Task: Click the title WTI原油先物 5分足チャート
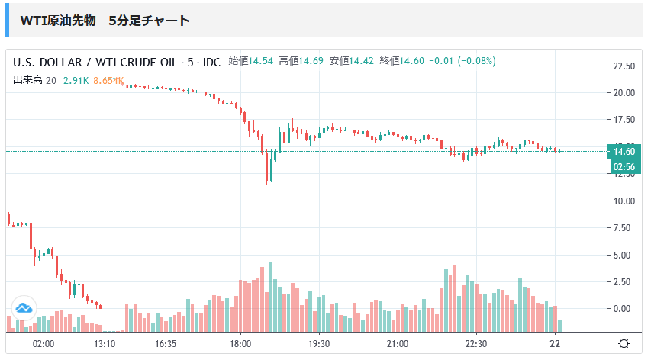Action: pyautogui.click(x=105, y=21)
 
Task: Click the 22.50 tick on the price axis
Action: pyautogui.click(x=624, y=66)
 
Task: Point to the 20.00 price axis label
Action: pyautogui.click(x=624, y=93)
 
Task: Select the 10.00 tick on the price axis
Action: pyautogui.click(x=624, y=201)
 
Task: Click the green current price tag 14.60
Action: pyautogui.click(x=624, y=151)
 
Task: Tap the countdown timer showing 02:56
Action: pyautogui.click(x=624, y=166)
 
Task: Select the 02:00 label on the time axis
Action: pyautogui.click(x=44, y=344)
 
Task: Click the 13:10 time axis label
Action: pyautogui.click(x=105, y=344)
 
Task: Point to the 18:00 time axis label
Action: pyautogui.click(x=240, y=344)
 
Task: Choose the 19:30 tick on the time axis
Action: pyautogui.click(x=319, y=344)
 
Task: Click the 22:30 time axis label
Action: pyautogui.click(x=475, y=344)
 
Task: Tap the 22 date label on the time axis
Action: pyautogui.click(x=556, y=344)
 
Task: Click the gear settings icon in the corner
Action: pyautogui.click(x=624, y=344)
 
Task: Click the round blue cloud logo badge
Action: pyautogui.click(x=23, y=308)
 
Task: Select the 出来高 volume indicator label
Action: pyautogui.click(x=27, y=80)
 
